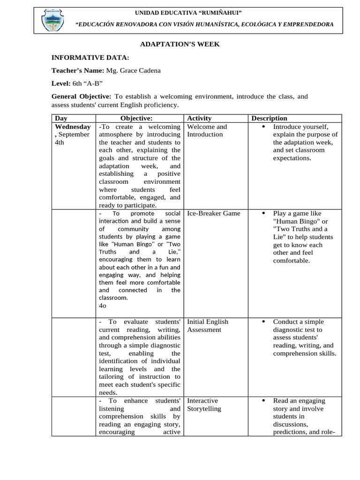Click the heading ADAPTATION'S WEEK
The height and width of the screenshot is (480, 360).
point(180,44)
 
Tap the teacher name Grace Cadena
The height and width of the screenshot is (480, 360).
point(133,70)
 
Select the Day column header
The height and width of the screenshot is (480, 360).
point(61,118)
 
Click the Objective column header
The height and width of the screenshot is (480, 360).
point(136,118)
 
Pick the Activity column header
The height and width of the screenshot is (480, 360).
point(199,118)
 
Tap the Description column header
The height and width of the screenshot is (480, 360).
point(269,118)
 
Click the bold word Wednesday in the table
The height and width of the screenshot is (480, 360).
point(73,127)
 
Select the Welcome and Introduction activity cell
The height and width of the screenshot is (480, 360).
point(207,130)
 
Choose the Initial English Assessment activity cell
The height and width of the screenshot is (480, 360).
point(208,326)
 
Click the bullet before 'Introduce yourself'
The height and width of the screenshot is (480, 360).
point(263,127)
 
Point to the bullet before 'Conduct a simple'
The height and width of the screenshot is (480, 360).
point(263,322)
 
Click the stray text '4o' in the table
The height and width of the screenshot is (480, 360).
point(103,306)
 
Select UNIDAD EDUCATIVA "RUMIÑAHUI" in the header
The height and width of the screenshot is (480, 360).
point(188,13)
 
